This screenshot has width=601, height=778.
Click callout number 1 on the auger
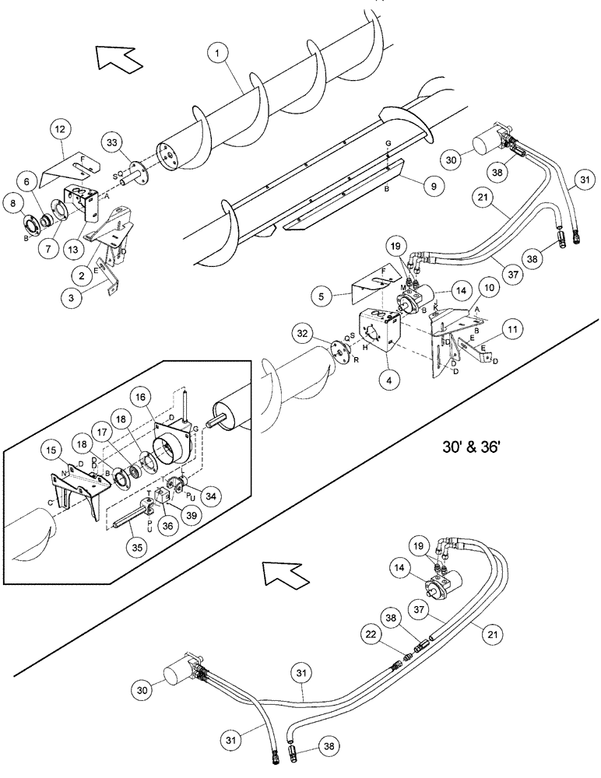point(220,53)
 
